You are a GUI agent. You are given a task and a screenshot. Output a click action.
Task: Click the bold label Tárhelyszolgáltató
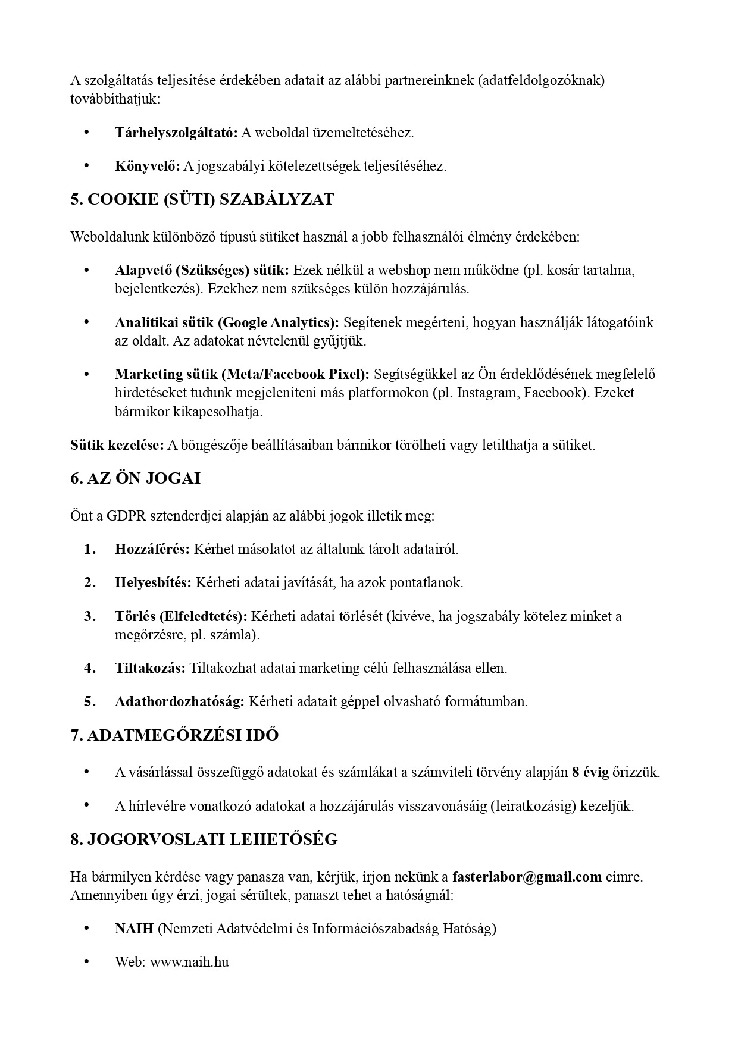pos(176,133)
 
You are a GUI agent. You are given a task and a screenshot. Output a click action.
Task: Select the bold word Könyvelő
pos(147,166)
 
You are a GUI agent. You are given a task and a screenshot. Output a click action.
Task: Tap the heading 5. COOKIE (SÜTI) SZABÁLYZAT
pos(202,199)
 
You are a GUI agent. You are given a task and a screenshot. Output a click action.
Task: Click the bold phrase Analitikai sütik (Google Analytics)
pos(227,322)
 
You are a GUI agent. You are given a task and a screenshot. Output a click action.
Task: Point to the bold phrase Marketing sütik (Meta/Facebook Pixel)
pos(242,374)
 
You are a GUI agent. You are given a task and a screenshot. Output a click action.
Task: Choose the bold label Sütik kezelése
pos(117,444)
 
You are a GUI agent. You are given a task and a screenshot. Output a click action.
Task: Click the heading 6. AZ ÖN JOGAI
pos(135,478)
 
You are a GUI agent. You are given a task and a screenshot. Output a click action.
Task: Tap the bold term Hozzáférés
pos(152,548)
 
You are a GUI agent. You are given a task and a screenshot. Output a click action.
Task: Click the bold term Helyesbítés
pos(153,582)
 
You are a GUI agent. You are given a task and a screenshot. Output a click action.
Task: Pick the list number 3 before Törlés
pos(90,616)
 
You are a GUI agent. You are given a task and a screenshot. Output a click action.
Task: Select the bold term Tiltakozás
pos(150,667)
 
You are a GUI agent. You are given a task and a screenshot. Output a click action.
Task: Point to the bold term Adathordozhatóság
pos(179,701)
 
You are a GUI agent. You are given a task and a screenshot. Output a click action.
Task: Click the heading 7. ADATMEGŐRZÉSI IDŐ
pos(174,735)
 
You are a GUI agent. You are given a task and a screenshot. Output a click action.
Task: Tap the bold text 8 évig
pos(590,772)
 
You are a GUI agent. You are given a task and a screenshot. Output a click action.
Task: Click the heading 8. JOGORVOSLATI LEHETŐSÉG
pos(204,839)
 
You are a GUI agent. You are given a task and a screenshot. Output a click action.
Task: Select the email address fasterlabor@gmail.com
pos(527,876)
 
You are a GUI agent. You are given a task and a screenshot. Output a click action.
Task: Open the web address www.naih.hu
pos(189,961)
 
